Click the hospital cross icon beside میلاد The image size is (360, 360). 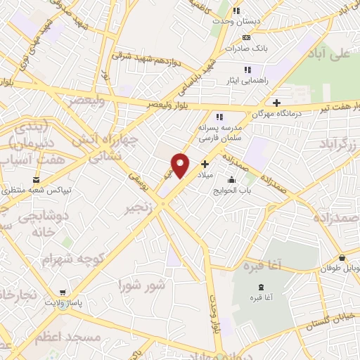tap(205, 163)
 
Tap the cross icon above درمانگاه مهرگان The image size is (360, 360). tap(277, 103)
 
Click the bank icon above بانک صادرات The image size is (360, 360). tap(245, 38)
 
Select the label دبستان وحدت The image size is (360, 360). tap(238, 21)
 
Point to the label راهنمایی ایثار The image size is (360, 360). tap(246, 81)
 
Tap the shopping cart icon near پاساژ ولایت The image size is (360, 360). tap(63, 292)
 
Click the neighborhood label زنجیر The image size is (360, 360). tap(138, 209)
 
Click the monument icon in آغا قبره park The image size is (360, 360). tap(262, 286)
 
